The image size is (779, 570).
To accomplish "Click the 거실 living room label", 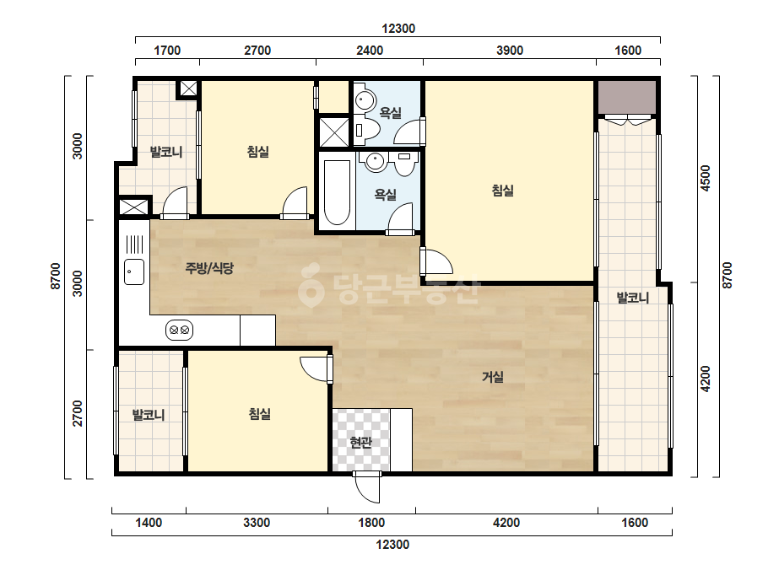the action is [x=493, y=378].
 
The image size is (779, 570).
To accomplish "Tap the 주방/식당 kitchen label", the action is [x=209, y=269].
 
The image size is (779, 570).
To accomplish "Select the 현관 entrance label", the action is [x=360, y=442].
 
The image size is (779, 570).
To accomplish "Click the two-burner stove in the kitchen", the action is [x=179, y=330].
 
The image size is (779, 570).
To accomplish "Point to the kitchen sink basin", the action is [x=134, y=272].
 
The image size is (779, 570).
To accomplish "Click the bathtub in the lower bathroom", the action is [x=337, y=192].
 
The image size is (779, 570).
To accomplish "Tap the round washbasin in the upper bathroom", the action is [x=365, y=101].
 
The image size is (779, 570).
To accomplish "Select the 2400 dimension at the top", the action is [x=370, y=51].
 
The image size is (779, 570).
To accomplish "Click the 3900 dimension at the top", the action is [x=510, y=51].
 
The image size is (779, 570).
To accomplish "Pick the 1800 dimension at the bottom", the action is [x=371, y=523].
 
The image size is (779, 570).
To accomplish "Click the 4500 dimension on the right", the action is [x=705, y=178].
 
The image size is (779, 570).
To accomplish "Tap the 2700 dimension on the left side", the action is [x=77, y=413].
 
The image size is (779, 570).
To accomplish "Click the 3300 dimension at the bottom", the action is [x=257, y=523].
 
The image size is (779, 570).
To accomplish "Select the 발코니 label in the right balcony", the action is [x=632, y=298].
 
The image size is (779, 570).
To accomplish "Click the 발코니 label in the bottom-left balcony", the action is [x=148, y=415].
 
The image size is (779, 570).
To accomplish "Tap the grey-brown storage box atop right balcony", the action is [x=627, y=97].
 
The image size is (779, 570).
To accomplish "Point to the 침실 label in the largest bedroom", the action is [x=503, y=191].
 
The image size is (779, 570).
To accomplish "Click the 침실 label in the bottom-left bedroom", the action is [x=259, y=413].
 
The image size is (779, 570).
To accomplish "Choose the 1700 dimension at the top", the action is [x=167, y=51].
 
